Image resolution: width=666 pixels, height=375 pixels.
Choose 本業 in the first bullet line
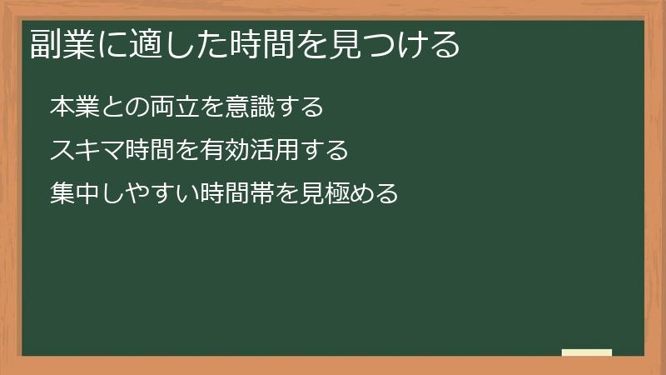[x=74, y=107]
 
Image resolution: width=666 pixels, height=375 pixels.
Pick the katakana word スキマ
[x=87, y=151]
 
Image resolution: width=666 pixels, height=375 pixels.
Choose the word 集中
[x=74, y=194]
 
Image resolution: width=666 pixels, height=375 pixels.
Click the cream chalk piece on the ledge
[x=587, y=352]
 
